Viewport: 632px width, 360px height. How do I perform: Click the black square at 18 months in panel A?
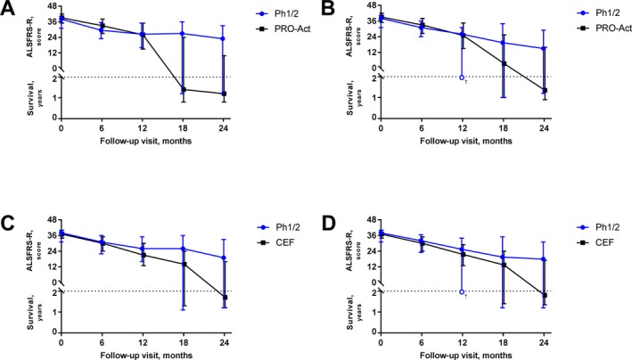183,89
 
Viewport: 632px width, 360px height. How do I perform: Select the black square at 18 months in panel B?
504,63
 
